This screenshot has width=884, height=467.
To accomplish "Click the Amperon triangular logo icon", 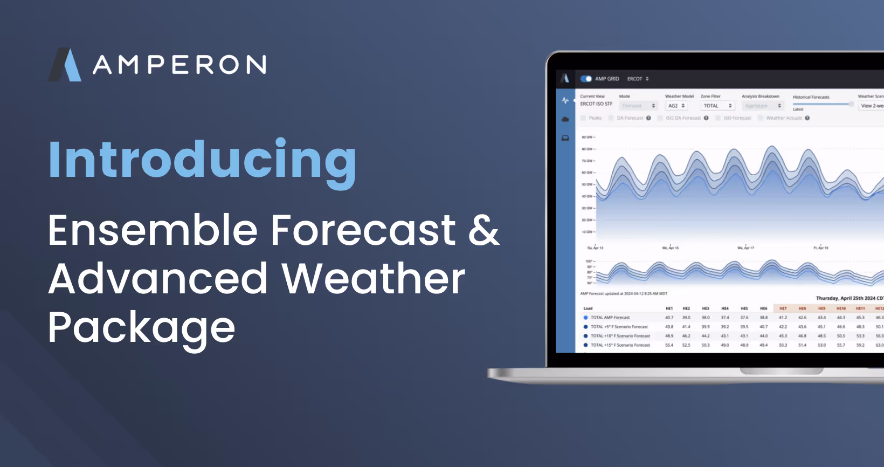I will click(x=65, y=65).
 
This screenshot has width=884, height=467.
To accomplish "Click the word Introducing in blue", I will click(x=202, y=160).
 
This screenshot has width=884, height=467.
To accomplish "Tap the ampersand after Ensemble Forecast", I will click(x=484, y=230).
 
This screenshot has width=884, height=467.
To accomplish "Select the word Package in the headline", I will click(x=141, y=328).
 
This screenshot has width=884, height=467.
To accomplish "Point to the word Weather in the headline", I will click(x=373, y=279).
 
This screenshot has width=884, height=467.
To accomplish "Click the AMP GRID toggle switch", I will click(x=586, y=79).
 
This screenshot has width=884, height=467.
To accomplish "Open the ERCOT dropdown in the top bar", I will click(x=638, y=79).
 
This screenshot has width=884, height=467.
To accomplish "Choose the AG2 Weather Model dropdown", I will click(x=676, y=106).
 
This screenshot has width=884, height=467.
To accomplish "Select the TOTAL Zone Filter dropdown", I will click(x=717, y=106).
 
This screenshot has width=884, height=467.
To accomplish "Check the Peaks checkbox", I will click(x=583, y=118).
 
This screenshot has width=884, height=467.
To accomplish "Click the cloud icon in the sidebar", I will click(x=565, y=119).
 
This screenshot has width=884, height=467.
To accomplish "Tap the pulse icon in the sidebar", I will click(x=565, y=100).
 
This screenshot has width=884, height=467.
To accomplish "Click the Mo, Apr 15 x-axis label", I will click(x=671, y=248).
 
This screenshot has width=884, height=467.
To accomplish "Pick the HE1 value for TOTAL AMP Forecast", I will click(x=669, y=318).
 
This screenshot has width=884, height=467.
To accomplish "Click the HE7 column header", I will click(x=783, y=308).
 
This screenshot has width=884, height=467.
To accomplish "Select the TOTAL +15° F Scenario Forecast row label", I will click(x=620, y=345).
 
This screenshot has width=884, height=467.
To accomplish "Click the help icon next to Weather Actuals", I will click(x=807, y=118).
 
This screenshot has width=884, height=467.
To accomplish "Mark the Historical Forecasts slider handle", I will click(x=851, y=104).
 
